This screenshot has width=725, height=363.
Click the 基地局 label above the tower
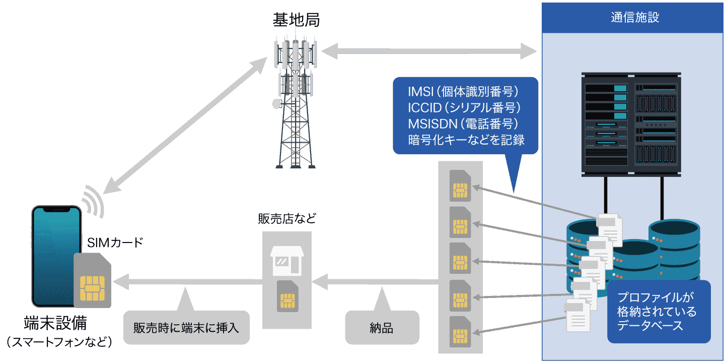click(296, 20)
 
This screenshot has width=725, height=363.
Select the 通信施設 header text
click(634, 17)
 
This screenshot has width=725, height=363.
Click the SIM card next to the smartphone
click(93, 281)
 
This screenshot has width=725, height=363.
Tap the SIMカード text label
click(115, 243)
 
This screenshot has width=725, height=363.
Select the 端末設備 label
click(55, 323)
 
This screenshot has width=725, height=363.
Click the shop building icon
click(287, 260)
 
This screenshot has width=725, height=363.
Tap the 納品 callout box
click(382, 328)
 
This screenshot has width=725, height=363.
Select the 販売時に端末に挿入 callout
click(186, 328)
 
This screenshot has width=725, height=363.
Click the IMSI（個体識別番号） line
click(463, 92)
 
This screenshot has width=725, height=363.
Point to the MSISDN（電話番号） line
click(463, 124)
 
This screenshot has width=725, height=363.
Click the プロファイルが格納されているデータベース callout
click(658, 312)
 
